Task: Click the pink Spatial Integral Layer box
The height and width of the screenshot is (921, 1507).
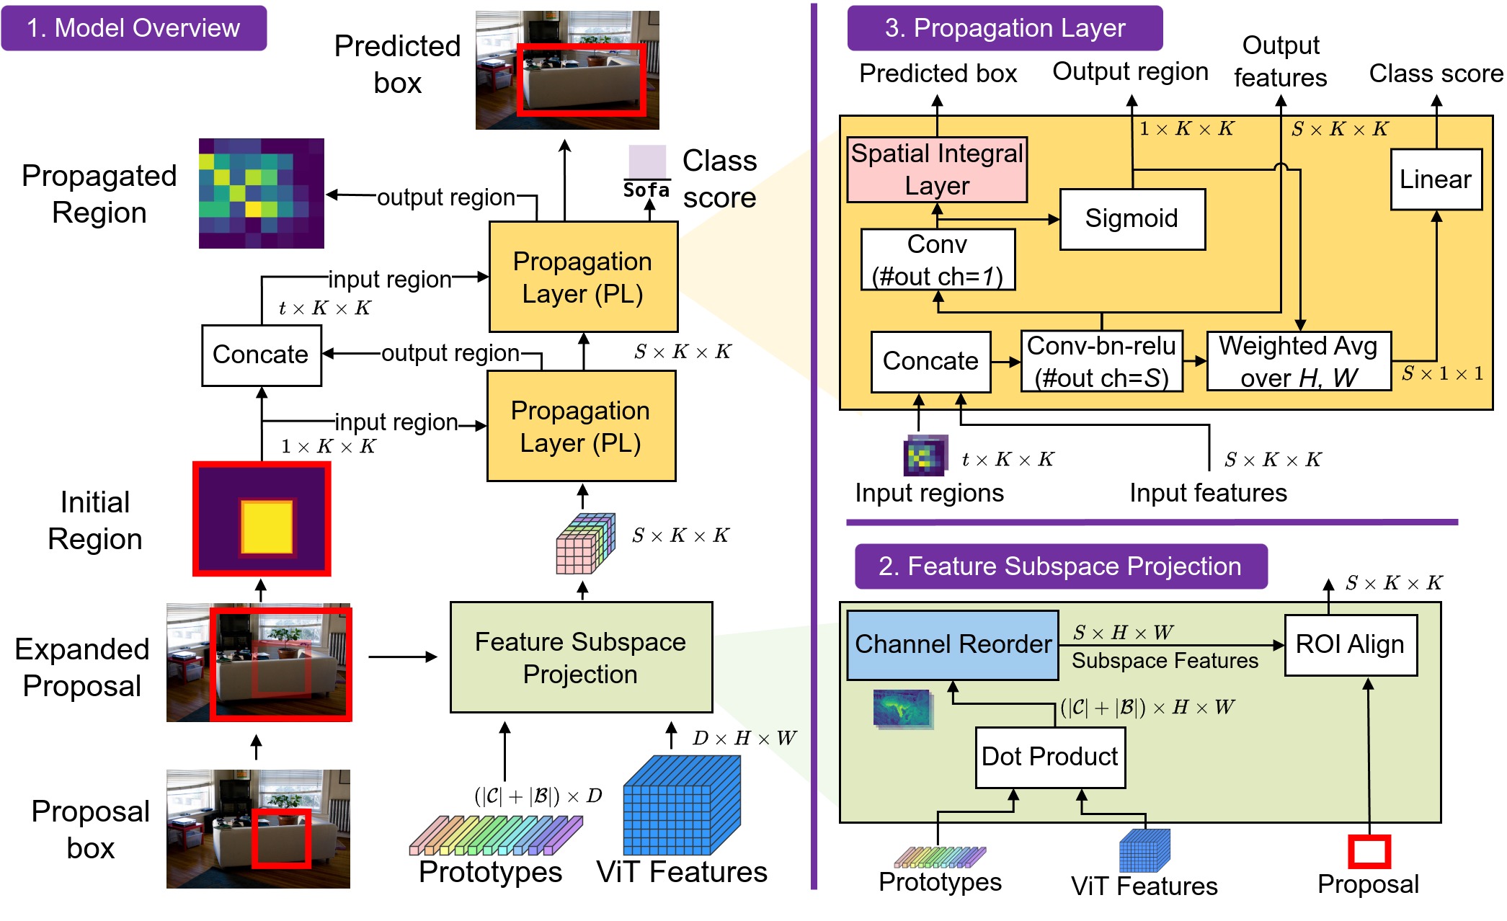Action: coord(937,169)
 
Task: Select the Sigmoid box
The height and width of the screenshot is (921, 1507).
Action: coord(1132,218)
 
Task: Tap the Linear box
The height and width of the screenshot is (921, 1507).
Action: coord(1436,179)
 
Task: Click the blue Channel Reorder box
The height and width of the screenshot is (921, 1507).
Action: coord(952,644)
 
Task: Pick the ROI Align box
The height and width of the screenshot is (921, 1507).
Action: coord(1350,644)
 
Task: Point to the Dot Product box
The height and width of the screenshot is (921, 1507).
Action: coord(1049,757)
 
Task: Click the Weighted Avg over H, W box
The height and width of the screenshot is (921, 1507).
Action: coord(1298,361)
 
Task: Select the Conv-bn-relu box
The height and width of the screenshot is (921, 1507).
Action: coord(1101,361)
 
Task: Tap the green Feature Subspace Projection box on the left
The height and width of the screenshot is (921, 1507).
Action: coord(580,657)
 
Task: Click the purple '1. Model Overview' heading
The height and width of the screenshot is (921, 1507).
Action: coord(133,28)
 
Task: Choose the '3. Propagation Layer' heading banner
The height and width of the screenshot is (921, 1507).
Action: coord(1004,28)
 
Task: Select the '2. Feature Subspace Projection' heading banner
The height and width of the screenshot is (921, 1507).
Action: coord(1059,566)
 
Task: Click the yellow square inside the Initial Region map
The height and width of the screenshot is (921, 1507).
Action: coord(267,528)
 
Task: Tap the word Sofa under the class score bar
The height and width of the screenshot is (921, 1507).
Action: coord(646,190)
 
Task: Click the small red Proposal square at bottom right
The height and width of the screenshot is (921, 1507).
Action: coord(1369,851)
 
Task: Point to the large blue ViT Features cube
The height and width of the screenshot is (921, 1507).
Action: coord(681,805)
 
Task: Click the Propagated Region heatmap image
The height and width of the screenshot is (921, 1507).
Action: coord(261,193)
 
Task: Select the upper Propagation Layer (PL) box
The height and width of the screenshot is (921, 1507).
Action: coord(582,277)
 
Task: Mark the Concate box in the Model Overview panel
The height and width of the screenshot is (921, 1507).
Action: coord(261,355)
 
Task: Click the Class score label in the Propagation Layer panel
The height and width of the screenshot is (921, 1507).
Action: coord(1436,74)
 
